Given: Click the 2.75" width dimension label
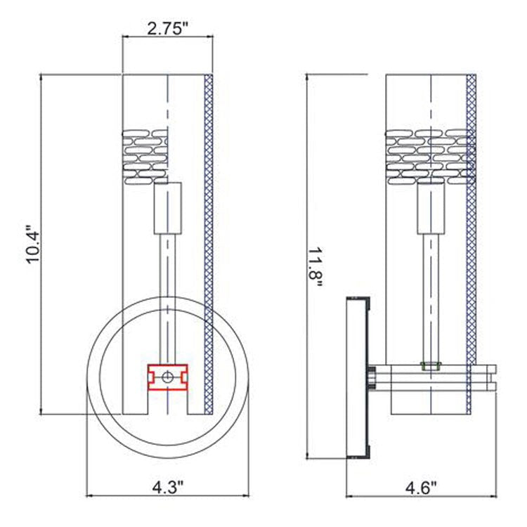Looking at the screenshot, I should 167,29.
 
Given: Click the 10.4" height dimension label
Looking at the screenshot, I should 34,245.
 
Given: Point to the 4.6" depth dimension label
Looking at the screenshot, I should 421,486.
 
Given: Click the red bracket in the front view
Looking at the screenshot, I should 167,377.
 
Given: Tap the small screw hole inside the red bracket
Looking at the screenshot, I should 167,377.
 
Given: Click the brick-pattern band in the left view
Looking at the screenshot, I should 145,156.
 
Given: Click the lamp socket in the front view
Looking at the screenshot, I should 167,207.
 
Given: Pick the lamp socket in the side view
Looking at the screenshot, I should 430,207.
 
